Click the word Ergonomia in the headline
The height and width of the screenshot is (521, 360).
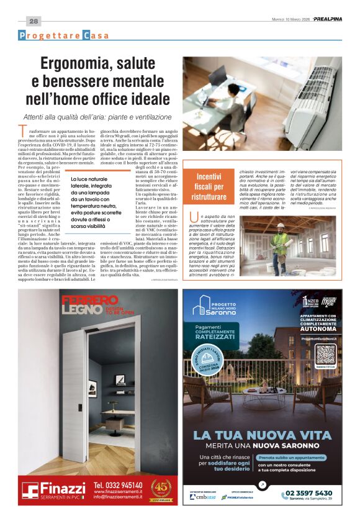click(80, 63)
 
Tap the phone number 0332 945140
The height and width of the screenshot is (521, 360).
click(118, 485)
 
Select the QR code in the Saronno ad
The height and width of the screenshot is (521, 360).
click(325, 353)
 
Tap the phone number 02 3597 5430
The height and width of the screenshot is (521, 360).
click(310, 493)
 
